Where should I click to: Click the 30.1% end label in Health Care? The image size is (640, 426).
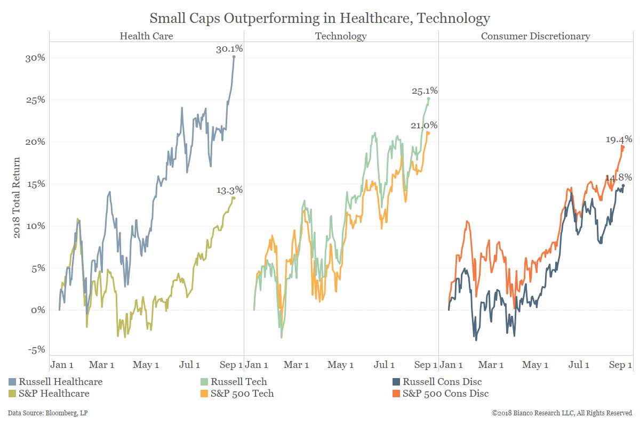click(x=229, y=49)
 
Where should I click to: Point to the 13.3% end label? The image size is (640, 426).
click(x=229, y=190)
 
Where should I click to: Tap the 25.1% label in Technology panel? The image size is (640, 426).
click(x=425, y=91)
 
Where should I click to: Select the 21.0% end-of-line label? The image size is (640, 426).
click(x=425, y=126)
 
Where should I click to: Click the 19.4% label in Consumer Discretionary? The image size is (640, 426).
click(x=619, y=140)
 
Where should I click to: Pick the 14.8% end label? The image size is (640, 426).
click(x=619, y=177)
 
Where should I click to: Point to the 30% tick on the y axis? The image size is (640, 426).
click(x=36, y=58)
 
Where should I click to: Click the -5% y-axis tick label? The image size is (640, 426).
click(x=36, y=350)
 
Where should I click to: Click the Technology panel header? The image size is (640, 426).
click(x=341, y=36)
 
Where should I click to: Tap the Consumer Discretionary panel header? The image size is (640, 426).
click(x=535, y=36)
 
